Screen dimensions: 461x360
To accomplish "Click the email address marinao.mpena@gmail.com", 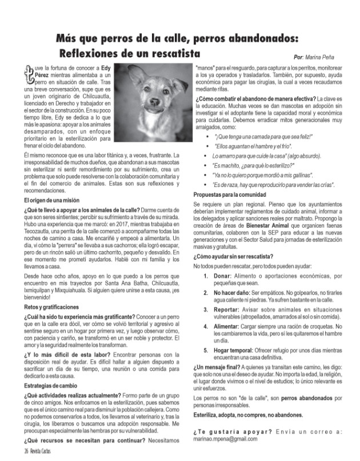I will tap(225, 440).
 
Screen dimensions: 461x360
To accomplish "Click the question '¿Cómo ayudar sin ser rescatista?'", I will tap(232, 257).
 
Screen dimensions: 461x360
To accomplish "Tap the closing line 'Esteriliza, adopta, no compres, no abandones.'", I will tap(249, 414).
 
